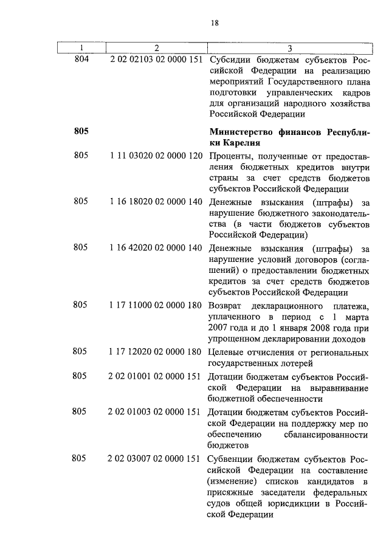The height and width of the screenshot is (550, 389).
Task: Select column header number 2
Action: (156, 48)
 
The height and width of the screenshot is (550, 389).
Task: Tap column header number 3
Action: (289, 48)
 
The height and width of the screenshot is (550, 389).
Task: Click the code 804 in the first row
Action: (81, 60)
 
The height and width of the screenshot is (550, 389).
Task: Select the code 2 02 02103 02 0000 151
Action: (156, 60)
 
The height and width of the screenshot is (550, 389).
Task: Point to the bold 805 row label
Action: (81, 131)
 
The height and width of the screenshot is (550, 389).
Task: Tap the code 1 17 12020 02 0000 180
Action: (156, 352)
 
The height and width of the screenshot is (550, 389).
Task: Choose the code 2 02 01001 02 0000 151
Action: (156, 376)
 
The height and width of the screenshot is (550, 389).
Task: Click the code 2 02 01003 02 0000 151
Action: (156, 411)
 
